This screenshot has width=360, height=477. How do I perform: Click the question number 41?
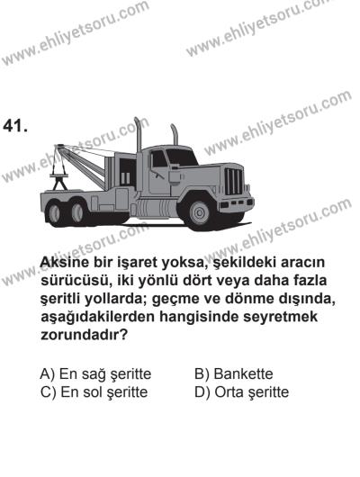[x=19, y=126]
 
